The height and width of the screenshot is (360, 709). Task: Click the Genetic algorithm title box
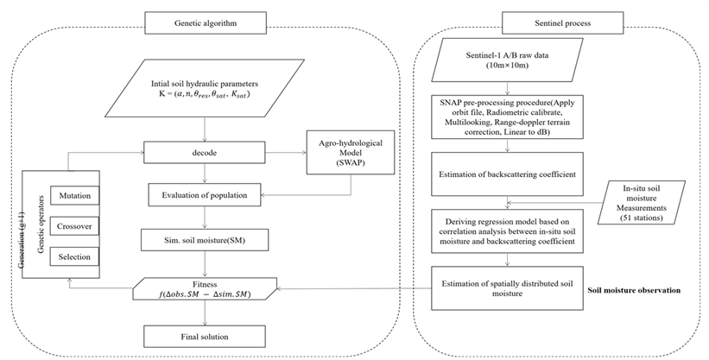206,23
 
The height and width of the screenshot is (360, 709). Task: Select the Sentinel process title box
562,23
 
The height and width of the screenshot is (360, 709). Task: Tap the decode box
205,153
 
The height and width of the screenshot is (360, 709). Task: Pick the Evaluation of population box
205,195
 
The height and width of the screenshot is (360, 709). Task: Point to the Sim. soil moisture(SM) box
206,240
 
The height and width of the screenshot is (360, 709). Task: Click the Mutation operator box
74,196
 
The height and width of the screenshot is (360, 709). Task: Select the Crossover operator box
74,226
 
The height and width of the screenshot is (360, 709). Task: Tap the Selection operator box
74,257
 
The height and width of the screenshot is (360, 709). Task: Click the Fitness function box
205,289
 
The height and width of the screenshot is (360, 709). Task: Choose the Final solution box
205,337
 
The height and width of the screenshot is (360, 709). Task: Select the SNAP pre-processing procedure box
507,116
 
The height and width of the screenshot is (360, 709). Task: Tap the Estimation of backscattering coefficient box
507,174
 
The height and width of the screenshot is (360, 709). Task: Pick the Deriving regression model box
507,231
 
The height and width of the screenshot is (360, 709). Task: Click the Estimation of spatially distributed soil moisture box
507,288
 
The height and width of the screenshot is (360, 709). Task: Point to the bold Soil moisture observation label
634,290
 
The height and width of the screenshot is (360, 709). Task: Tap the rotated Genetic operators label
41,224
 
